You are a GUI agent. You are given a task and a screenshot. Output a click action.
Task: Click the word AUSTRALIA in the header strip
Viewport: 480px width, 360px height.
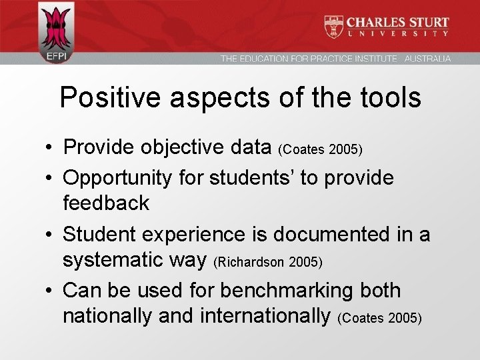427,59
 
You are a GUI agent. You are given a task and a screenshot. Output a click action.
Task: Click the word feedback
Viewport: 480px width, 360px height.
106,203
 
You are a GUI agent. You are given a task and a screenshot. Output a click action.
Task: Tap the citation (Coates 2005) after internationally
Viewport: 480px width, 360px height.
380,318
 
